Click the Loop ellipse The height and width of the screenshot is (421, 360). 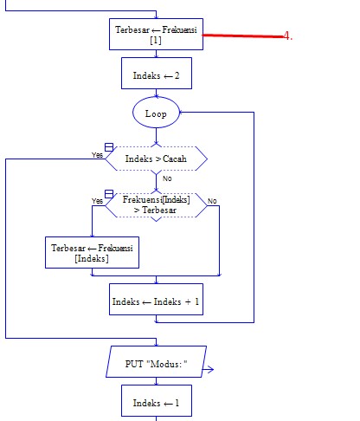coord(156,113)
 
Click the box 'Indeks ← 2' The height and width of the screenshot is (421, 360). coord(156,75)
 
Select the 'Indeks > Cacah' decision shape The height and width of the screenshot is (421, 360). coord(156,159)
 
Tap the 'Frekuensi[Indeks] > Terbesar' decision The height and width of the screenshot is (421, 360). coord(156,204)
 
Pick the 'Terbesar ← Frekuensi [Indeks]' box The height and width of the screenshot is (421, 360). coord(92,253)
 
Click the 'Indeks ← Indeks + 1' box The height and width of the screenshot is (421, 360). coord(156,301)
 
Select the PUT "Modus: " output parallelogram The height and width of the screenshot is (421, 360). coord(156,363)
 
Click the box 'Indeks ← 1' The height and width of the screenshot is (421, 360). coord(156,403)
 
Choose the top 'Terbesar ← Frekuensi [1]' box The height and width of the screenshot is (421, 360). coord(156,35)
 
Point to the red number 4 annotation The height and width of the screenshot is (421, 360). coord(288,36)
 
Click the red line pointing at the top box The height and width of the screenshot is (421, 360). coord(242,36)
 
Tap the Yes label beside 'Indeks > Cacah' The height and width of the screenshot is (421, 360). coord(98,155)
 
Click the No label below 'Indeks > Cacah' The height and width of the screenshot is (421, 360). coord(167,178)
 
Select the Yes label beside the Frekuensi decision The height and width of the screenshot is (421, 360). coord(98,201)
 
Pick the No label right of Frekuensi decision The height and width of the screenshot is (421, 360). coord(212,201)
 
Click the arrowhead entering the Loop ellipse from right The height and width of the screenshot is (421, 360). coord(182,113)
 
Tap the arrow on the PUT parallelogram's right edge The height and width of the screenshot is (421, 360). coord(209,369)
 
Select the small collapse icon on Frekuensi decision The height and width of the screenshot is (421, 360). coord(109,193)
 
